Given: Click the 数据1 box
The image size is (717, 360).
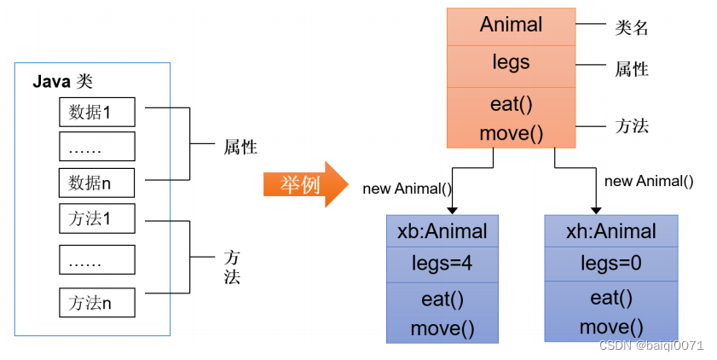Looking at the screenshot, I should pos(96,112).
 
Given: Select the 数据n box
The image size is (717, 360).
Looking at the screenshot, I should pos(96,183).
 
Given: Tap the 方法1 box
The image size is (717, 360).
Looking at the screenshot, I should pos(96,218).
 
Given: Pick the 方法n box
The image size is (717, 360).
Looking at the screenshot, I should pos(96,303).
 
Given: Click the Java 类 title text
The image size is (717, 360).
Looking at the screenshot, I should pos(62,82).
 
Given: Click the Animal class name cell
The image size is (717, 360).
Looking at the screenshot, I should pos(511,25).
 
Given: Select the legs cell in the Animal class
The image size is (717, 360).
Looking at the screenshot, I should pos(511,62).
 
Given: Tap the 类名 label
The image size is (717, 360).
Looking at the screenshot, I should pos(632,28).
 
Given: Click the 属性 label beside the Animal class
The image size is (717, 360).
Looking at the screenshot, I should pos(632,69).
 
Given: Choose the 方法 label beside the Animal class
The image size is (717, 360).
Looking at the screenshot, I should pos(632,126).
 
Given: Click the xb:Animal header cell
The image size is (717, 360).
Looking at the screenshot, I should pos(442,230).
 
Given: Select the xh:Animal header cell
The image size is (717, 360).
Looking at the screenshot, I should pos(610,231).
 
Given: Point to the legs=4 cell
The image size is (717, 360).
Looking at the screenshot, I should pos(442,264).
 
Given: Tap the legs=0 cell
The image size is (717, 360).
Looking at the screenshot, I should pos(610,264).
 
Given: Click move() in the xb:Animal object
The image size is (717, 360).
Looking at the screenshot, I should pos(442,328).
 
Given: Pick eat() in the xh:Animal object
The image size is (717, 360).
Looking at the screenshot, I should pos(610,298).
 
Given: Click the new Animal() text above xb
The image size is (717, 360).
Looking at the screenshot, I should pos(408,189).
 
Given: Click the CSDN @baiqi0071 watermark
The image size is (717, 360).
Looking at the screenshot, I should pos(651,345).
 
